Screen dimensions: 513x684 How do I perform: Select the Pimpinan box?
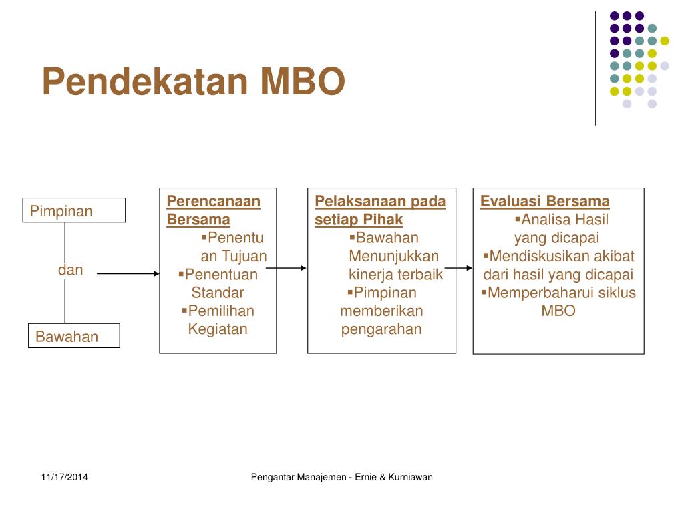tap(74, 210)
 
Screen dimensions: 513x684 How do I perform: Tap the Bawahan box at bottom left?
tap(73, 336)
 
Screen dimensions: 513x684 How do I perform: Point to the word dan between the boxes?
tap(70, 270)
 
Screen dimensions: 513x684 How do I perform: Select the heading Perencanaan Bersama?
tap(213, 210)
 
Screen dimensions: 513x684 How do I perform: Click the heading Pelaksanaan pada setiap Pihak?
tap(379, 210)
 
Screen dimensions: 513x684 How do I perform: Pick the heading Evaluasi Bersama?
tap(544, 201)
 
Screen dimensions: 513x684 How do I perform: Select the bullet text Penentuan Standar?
tap(220, 283)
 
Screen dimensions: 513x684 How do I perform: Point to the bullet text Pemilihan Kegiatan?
tap(219, 319)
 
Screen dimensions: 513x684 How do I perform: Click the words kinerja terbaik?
tap(395, 274)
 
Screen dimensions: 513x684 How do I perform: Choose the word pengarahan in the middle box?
tap(381, 329)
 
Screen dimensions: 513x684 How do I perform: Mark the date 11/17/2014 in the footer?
tap(64, 477)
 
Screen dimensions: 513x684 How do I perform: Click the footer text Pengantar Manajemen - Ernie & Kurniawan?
tap(341, 477)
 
